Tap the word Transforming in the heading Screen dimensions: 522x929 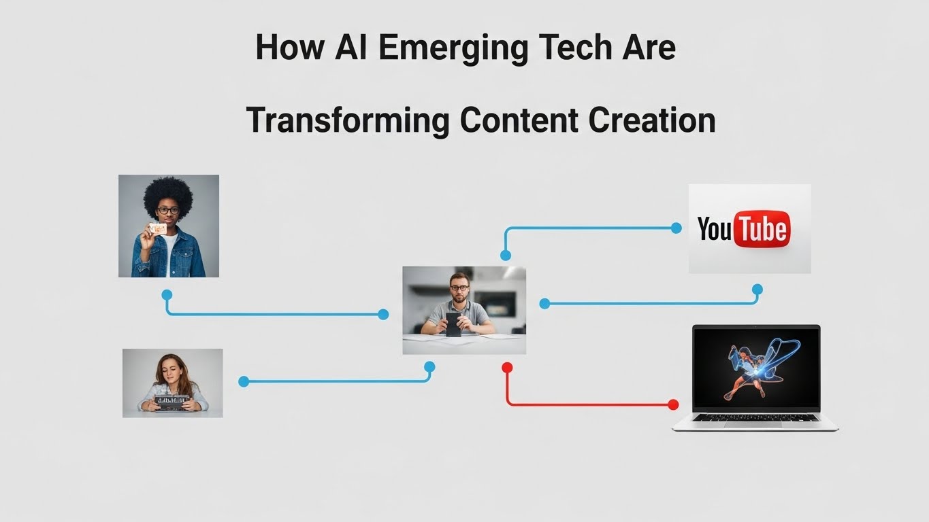[x=347, y=120]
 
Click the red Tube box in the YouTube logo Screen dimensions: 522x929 [x=762, y=229]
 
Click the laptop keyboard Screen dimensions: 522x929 [x=755, y=417]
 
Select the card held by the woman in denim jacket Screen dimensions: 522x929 [x=158, y=229]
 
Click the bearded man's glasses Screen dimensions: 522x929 [x=460, y=288]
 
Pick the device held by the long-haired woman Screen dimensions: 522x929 [x=172, y=401]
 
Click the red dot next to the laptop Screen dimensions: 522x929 [x=673, y=404]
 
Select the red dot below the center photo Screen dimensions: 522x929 [x=507, y=368]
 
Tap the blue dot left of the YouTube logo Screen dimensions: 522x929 [x=676, y=228]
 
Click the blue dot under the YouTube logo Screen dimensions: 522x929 [x=757, y=290]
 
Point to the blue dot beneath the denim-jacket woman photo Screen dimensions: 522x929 [x=167, y=295]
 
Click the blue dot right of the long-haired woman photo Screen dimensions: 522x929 [x=244, y=381]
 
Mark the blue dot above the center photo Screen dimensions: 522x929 [x=505, y=256]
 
